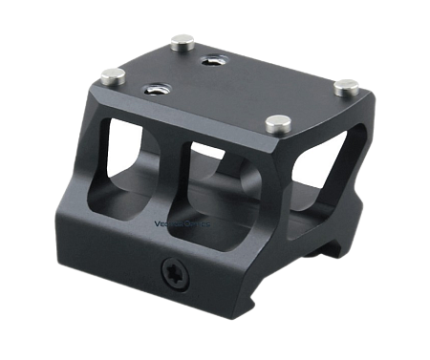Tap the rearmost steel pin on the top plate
tap(179, 40)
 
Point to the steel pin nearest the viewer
tap(278, 121)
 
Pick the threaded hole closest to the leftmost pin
tap(153, 92)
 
